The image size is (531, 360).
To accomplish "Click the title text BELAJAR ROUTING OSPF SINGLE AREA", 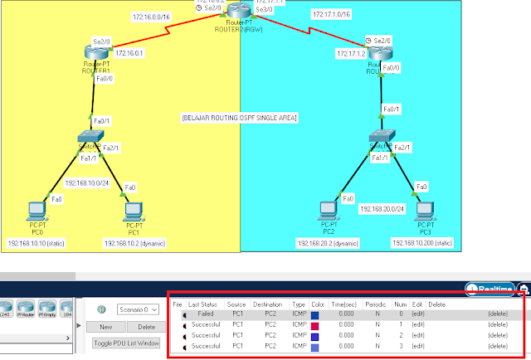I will pyautogui.click(x=239, y=119).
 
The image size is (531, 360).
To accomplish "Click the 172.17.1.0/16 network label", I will pyautogui.click(x=331, y=15).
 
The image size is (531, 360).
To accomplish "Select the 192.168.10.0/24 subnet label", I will pyautogui.click(x=87, y=182).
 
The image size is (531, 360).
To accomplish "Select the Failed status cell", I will pyautogui.click(x=203, y=314).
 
